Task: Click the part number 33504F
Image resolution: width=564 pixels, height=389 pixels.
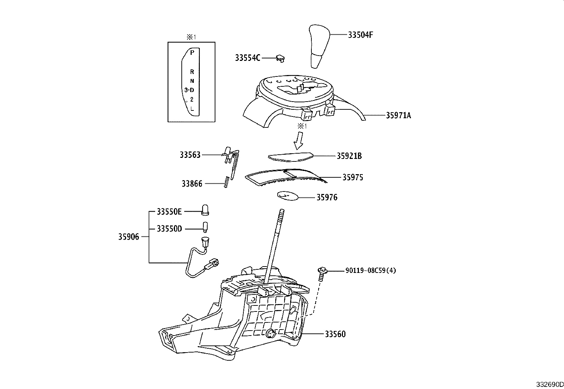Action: pos(360,35)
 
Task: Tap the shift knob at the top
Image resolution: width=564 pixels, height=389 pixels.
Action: pos(319,46)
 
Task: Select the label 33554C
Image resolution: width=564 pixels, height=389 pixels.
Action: pos(248,58)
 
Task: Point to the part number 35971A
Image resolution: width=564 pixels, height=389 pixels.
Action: pos(398,115)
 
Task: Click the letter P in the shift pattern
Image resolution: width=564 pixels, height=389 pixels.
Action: pos(192,53)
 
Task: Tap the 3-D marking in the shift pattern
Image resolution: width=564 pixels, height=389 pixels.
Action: pos(189,90)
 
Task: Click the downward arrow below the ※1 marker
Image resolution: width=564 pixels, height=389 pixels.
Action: pos(299,141)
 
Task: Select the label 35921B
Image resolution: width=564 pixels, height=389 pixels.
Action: pos(349,156)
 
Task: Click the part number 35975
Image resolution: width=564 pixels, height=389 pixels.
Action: pos(352,177)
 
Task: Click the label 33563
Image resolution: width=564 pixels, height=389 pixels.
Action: pos(190,155)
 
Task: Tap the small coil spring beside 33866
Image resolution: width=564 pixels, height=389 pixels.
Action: pos(227,182)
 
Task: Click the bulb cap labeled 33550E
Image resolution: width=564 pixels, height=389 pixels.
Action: pos(205,210)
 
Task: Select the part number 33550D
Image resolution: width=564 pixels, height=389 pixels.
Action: pos(169,229)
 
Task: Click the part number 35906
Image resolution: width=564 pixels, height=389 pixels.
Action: pos(129,237)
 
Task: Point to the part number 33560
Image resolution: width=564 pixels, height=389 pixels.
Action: pos(335,334)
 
